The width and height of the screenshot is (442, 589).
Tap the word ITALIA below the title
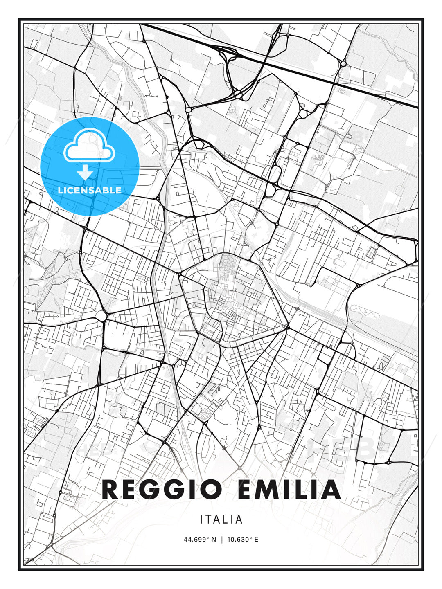tap(221, 519)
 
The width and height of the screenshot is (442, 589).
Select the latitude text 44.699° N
tap(200, 539)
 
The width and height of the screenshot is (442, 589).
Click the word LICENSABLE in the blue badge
tap(90, 190)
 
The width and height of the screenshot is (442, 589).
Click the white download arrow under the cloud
tap(85, 172)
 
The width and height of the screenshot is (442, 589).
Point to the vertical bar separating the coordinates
tap(221, 539)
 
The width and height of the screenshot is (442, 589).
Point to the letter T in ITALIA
tap(210, 519)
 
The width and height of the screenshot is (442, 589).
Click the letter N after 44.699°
tap(213, 539)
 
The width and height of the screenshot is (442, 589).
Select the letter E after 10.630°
tap(256, 539)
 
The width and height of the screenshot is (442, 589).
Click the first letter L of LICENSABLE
tap(60, 190)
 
